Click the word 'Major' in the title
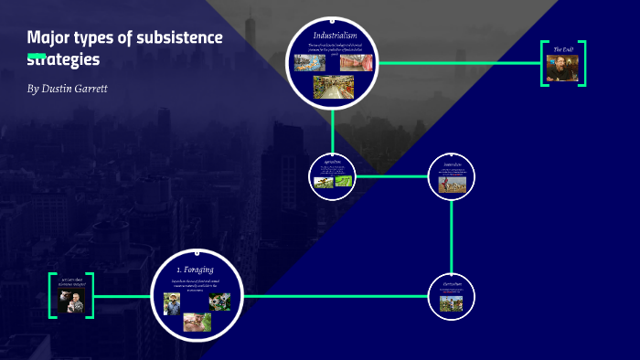tap(50, 37)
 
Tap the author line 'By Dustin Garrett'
tap(69, 89)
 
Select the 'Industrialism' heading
tap(333, 35)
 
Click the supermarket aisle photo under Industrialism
tap(333, 87)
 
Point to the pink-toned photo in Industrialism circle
tap(357, 63)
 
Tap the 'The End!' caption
tap(563, 49)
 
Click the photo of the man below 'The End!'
tap(563, 69)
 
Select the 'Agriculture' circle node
tap(333, 175)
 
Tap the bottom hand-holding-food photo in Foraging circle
tap(196, 322)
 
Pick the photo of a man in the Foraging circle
tap(172, 303)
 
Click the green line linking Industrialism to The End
tap(457, 63)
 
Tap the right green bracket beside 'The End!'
tap(582, 63)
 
